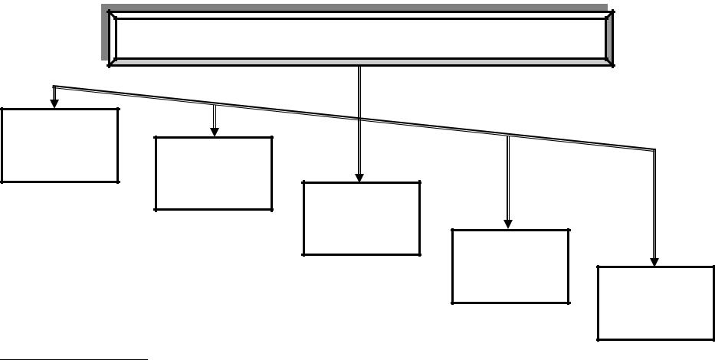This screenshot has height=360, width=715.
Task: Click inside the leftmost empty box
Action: pyautogui.click(x=60, y=145)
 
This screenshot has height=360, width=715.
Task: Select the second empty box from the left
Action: pyautogui.click(x=214, y=173)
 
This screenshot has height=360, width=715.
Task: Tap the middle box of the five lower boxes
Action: pyautogui.click(x=362, y=218)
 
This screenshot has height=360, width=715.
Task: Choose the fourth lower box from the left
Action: pyautogui.click(x=510, y=266)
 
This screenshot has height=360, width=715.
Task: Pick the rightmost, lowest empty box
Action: pyautogui.click(x=655, y=303)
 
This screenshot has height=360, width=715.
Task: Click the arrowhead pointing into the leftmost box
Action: pyautogui.click(x=54, y=103)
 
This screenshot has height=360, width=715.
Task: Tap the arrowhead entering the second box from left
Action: pyautogui.click(x=215, y=131)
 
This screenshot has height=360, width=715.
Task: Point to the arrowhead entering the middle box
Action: pyautogui.click(x=359, y=177)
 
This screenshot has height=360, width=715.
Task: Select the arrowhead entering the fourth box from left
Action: pyautogui.click(x=507, y=224)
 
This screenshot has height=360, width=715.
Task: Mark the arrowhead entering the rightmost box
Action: pyautogui.click(x=654, y=260)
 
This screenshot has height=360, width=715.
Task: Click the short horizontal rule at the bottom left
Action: pyautogui.click(x=74, y=357)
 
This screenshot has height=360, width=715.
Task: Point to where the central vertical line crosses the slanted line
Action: pyautogui.click(x=359, y=118)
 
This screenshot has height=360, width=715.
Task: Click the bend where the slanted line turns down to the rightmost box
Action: pyautogui.click(x=654, y=149)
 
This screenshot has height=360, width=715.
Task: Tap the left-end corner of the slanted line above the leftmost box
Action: pyautogui.click(x=53, y=86)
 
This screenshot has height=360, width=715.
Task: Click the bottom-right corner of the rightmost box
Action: pyautogui.click(x=713, y=339)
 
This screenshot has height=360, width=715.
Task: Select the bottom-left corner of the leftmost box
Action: pyautogui.click(x=2, y=182)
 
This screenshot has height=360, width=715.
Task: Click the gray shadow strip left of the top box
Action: pyautogui.click(x=105, y=34)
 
